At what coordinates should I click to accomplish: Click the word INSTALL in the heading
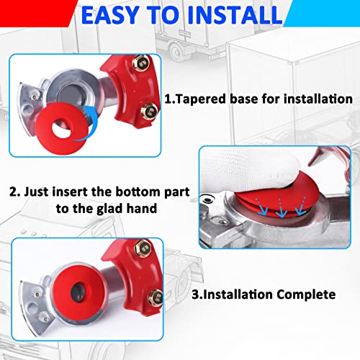(x=228, y=15)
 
